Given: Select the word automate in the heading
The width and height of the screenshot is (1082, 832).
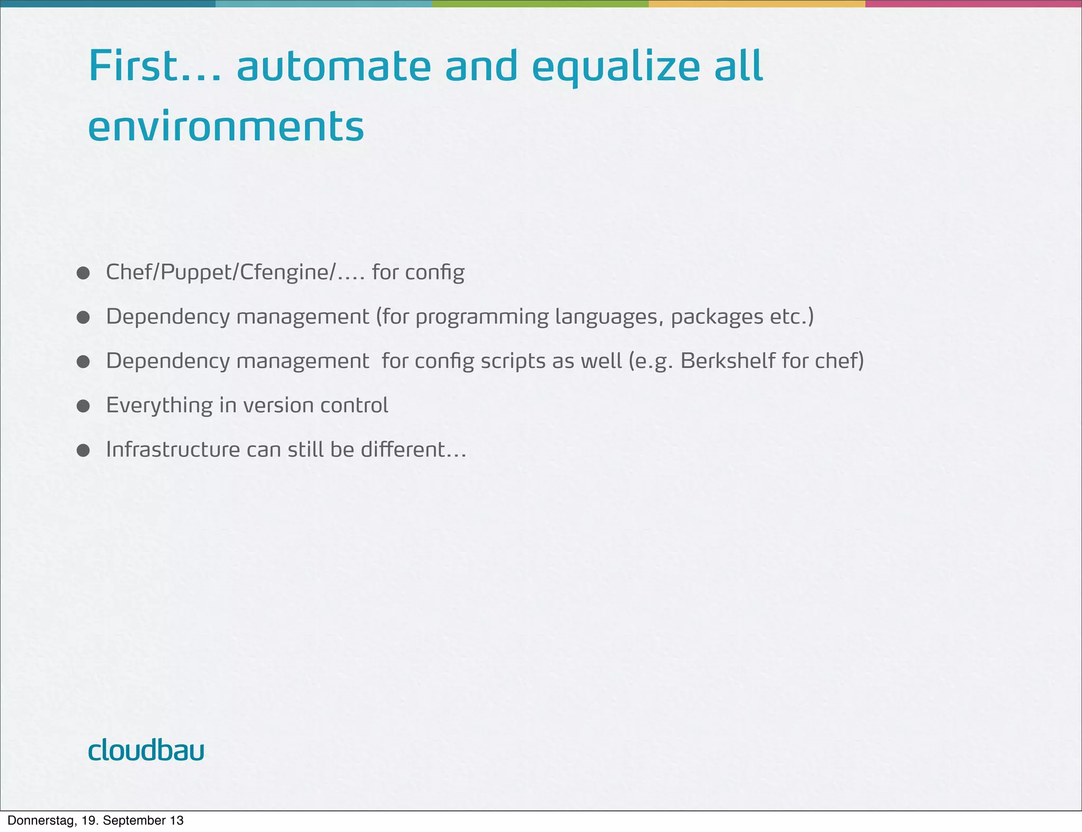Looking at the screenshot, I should click(333, 67).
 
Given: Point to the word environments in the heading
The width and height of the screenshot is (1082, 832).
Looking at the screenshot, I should click(226, 127).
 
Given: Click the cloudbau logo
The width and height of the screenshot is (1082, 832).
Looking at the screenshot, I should click(146, 750).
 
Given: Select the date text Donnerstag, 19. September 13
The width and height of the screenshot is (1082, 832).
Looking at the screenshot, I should click(96, 820).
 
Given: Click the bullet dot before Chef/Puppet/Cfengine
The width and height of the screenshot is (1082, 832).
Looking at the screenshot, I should click(83, 273).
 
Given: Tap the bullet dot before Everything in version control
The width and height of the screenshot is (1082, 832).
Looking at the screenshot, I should click(83, 406).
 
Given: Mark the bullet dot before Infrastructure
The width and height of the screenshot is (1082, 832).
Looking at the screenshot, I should click(83, 450).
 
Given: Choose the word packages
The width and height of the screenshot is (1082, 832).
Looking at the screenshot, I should click(716, 317).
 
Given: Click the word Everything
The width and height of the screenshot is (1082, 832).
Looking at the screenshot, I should click(159, 405).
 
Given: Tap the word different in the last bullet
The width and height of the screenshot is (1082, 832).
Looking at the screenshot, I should click(404, 450).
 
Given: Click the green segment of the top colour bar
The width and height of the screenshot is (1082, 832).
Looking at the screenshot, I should click(540, 4).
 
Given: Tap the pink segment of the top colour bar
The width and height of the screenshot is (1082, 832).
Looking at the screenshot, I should click(973, 4).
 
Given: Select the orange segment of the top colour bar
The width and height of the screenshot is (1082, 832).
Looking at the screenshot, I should click(757, 4).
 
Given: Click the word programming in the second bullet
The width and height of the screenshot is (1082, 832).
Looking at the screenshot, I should click(482, 317).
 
